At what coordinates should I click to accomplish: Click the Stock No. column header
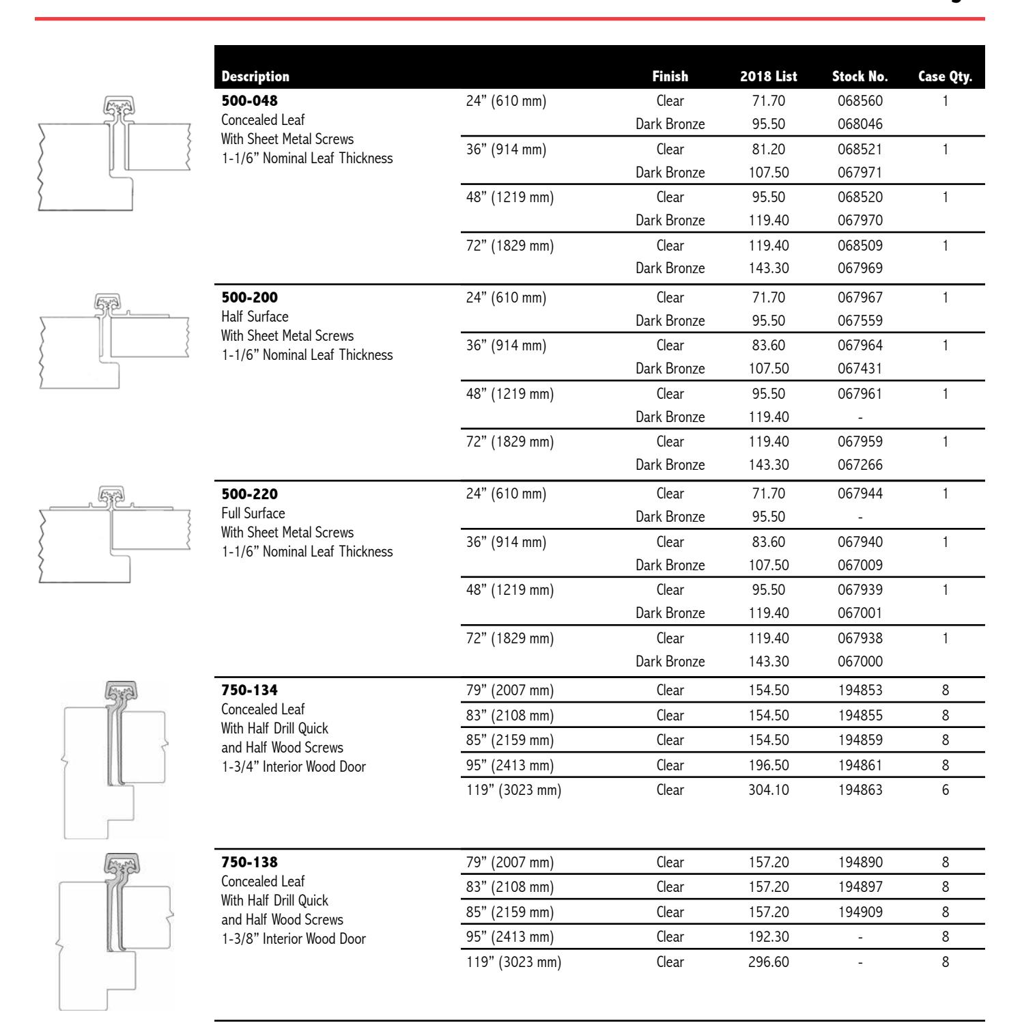(x=860, y=76)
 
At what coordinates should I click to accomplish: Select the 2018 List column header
(x=768, y=76)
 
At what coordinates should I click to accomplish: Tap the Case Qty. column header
(x=945, y=76)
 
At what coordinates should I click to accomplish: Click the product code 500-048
(x=250, y=101)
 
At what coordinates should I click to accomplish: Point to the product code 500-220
(x=250, y=494)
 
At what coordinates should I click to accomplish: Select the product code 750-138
(x=250, y=863)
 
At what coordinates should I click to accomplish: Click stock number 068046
(x=860, y=124)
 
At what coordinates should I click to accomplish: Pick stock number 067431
(x=860, y=369)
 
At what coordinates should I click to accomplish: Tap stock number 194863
(x=860, y=790)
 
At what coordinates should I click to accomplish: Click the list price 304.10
(x=768, y=790)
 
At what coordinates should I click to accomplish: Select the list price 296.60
(x=768, y=962)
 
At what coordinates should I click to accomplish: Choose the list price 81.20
(x=768, y=150)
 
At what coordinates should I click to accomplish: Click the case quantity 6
(x=945, y=790)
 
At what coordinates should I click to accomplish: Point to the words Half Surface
(x=255, y=317)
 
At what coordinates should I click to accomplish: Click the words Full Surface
(x=253, y=514)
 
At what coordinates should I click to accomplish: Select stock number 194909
(x=860, y=912)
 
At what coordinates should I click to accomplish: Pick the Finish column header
(x=670, y=76)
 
